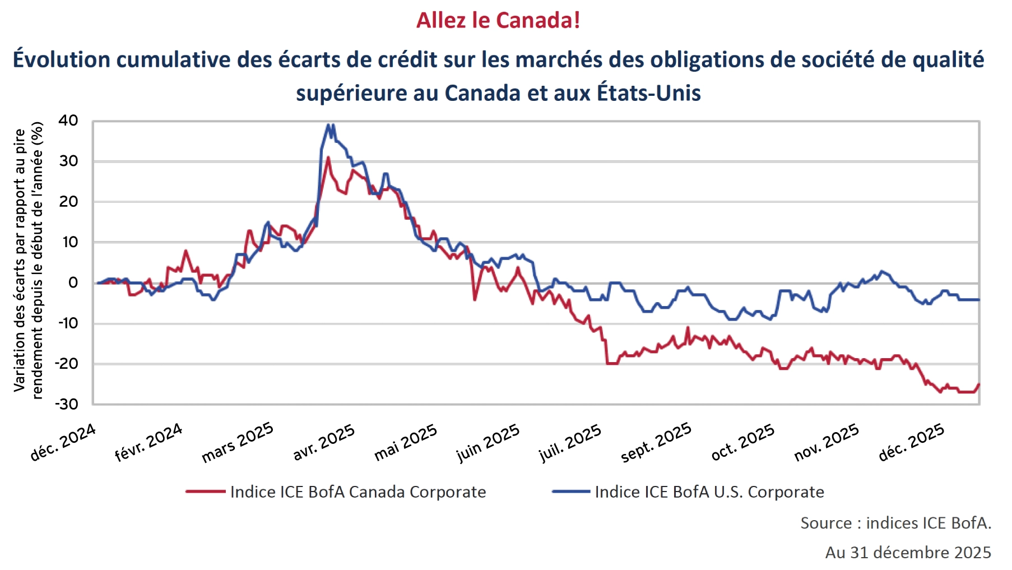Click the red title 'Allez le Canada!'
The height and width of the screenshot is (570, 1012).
tap(498, 20)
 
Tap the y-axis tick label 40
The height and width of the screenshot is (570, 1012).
tap(68, 121)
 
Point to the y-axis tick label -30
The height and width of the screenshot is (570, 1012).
tap(66, 404)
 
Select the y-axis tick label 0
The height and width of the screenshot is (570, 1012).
tap(73, 282)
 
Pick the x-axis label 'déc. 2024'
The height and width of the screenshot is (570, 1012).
tap(63, 442)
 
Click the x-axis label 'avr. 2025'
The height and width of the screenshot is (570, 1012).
tap(324, 442)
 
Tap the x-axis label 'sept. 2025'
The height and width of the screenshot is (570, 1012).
tap(656, 442)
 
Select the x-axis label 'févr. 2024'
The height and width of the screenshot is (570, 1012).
tap(148, 442)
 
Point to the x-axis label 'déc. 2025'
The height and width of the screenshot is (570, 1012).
tap(911, 442)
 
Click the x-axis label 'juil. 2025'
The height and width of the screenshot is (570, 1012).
tap(570, 442)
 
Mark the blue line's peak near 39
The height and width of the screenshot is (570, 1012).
tap(329, 125)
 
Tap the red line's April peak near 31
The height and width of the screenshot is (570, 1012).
tap(328, 157)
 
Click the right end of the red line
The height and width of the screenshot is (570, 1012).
tap(978, 384)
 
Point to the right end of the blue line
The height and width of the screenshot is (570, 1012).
tap(978, 300)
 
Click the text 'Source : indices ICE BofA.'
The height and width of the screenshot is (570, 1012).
tap(895, 523)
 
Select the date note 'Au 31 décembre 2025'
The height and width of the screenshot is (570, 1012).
tap(908, 552)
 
